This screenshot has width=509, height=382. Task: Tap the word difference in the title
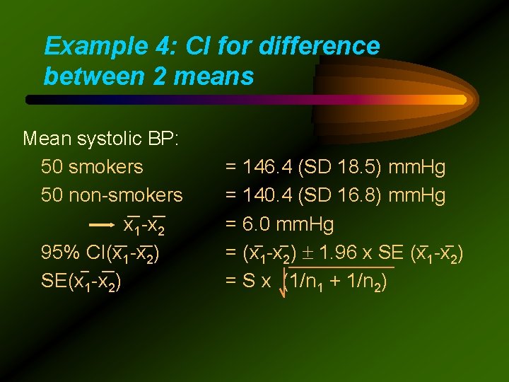[x=320, y=47]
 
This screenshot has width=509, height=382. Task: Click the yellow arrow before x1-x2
[x=103, y=225]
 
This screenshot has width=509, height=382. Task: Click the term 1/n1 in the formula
[x=308, y=282]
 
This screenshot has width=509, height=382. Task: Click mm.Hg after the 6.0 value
[x=305, y=225]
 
